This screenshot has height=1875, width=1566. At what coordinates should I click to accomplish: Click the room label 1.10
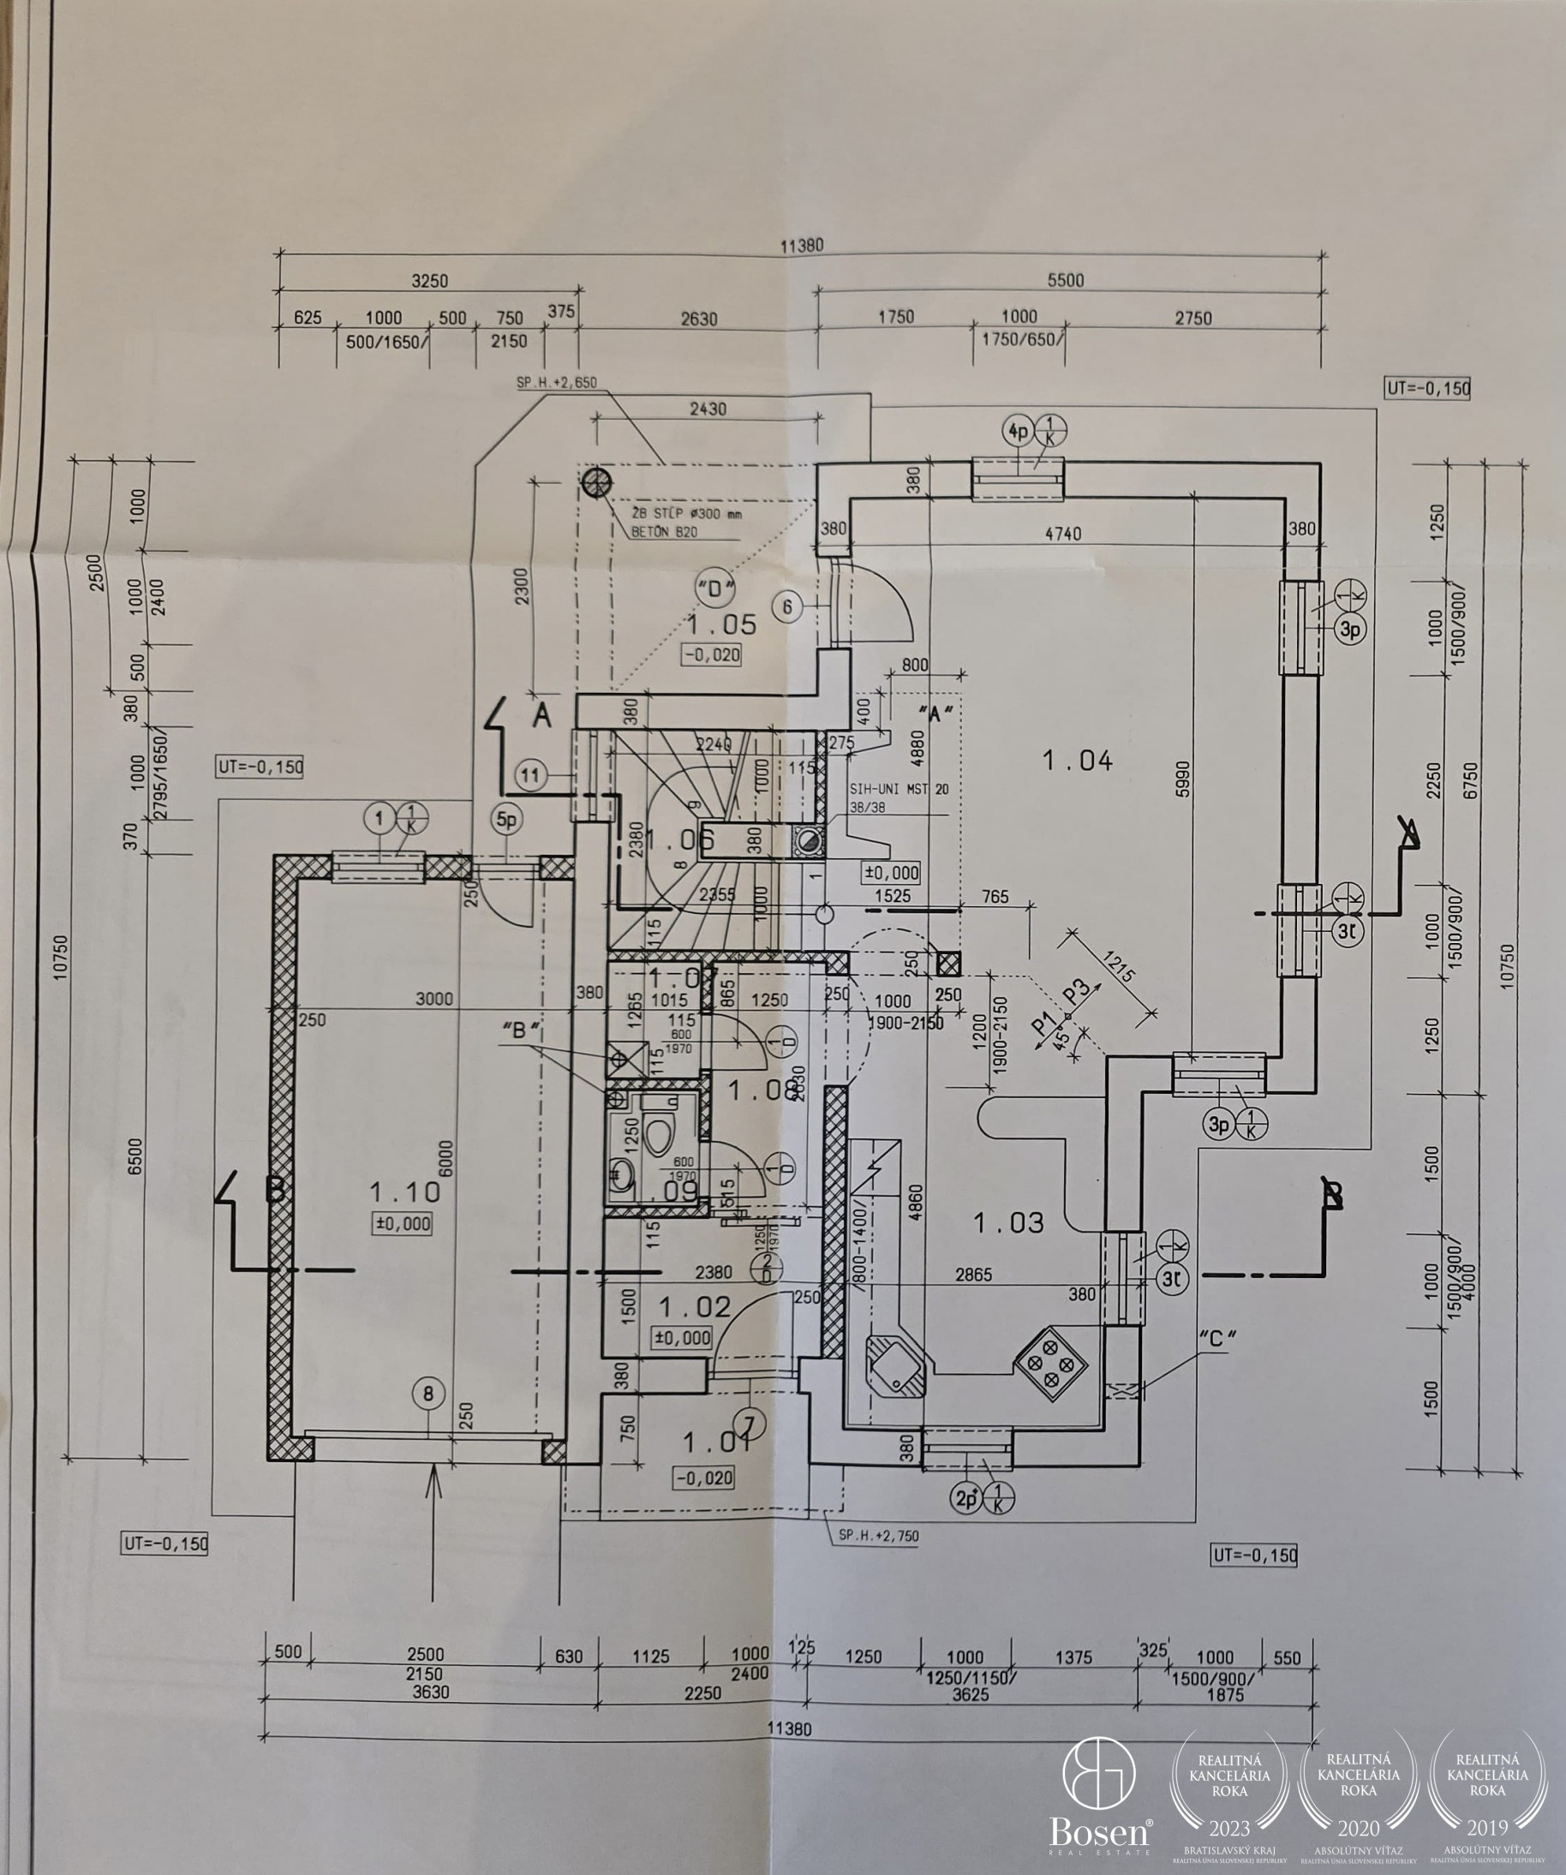pos(404,1192)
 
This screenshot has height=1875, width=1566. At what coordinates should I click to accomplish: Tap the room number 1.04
pos(1078,761)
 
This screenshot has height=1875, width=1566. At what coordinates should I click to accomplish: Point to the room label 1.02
pos(695,1307)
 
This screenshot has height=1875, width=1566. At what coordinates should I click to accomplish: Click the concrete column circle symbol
pos(595,483)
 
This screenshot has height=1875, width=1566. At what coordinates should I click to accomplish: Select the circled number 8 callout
pos(428,1393)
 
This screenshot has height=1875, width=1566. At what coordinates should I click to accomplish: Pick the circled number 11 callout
pos(531,775)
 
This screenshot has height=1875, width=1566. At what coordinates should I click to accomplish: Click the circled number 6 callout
pos(787,607)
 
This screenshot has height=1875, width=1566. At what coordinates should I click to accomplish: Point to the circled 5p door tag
pos(507,820)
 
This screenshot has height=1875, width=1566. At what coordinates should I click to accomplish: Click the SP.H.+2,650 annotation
pos(556,383)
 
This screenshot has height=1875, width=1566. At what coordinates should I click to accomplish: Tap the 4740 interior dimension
pos(1062,534)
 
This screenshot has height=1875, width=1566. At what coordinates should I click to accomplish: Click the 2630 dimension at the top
pos(698,319)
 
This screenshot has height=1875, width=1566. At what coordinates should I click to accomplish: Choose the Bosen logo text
pos(1100,1832)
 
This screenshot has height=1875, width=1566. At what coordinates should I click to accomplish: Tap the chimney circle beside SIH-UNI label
pos(809,840)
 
